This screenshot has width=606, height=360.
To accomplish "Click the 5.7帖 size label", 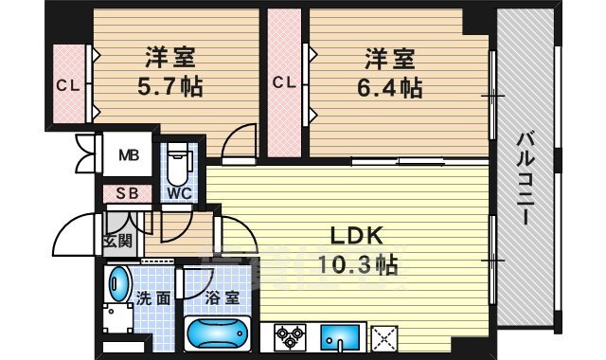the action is [x=170, y=87].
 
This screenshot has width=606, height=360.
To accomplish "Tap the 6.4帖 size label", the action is [x=389, y=88].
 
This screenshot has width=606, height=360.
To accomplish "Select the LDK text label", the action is [x=357, y=236].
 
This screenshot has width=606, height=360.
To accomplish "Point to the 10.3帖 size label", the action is [x=358, y=264].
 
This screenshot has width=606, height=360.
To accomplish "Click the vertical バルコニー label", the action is [x=524, y=178].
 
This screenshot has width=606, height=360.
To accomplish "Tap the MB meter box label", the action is [x=129, y=155].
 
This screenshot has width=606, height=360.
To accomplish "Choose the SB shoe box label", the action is [x=128, y=193].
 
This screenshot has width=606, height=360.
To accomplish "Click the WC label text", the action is [x=180, y=193].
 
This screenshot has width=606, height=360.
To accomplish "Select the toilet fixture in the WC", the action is [x=179, y=163].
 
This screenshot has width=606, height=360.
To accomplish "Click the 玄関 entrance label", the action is [x=117, y=241].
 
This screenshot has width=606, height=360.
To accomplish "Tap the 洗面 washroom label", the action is [x=153, y=298].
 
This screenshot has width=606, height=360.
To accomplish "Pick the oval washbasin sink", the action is [x=118, y=283].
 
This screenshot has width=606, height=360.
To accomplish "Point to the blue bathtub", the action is [x=218, y=333].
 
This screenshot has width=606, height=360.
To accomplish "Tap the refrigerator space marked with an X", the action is [x=384, y=339].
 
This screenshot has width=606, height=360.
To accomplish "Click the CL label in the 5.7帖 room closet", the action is [x=68, y=85].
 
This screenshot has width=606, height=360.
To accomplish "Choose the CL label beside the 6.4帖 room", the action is [x=284, y=82].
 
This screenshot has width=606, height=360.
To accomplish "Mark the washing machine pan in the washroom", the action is [x=118, y=318].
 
